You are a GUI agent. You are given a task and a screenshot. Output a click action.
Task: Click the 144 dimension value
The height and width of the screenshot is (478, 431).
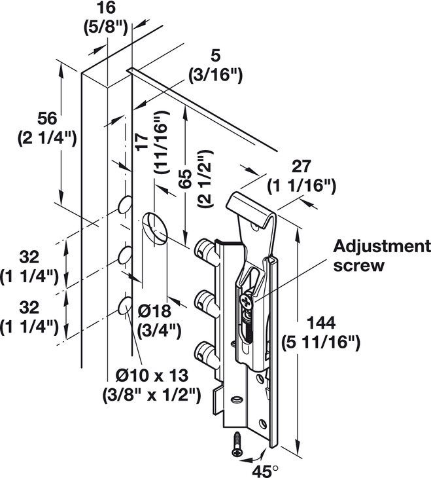(x=320, y=323)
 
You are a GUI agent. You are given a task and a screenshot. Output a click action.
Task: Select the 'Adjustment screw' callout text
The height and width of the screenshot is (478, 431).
(x=382, y=256)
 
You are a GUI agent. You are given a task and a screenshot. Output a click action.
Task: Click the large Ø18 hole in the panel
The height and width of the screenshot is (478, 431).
(x=155, y=228)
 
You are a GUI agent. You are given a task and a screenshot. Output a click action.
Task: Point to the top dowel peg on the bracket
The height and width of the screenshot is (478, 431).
(x=205, y=249)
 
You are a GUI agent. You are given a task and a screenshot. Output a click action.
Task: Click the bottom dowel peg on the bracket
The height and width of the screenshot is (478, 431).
(x=205, y=352)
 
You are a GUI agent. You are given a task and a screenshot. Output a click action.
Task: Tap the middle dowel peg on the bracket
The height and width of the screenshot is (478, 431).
(x=205, y=301)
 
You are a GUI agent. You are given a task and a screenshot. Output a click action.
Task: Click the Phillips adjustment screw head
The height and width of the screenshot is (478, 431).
(x=246, y=303)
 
